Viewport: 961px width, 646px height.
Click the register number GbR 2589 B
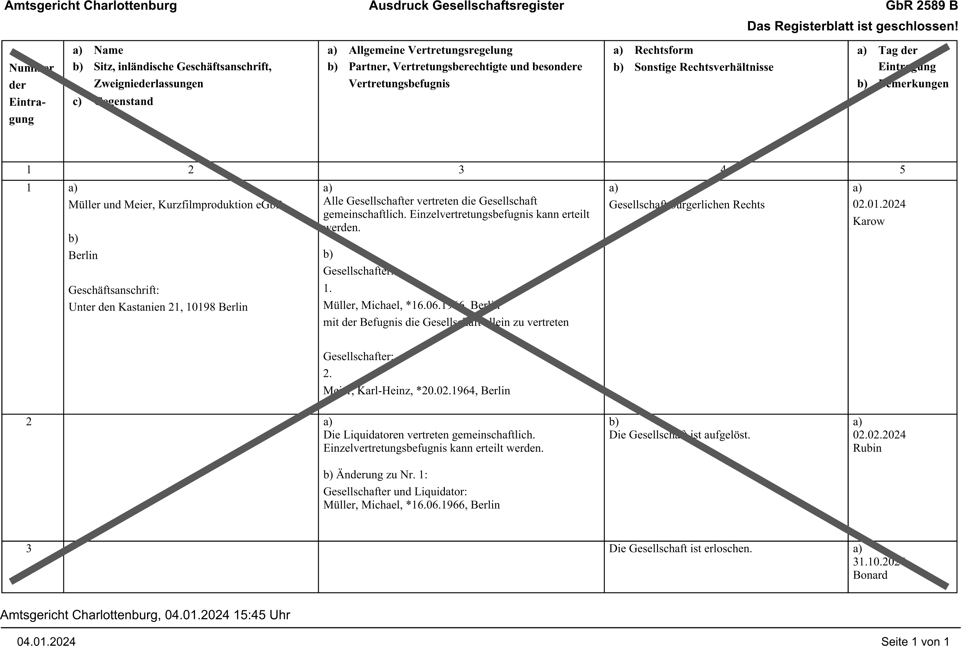click(x=922, y=6)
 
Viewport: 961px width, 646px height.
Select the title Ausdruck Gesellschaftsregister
click(x=466, y=6)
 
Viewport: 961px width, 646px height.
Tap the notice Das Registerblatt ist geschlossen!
click(x=852, y=27)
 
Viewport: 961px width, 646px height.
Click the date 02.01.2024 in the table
click(x=879, y=204)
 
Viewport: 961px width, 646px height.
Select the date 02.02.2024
click(x=879, y=435)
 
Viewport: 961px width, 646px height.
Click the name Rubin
click(x=867, y=448)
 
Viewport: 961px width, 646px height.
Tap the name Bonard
click(x=870, y=575)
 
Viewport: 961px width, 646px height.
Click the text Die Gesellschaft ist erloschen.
click(x=680, y=549)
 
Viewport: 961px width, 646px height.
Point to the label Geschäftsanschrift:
click(x=114, y=290)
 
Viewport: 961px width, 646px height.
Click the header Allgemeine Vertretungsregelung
click(x=430, y=50)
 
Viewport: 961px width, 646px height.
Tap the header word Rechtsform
click(x=664, y=50)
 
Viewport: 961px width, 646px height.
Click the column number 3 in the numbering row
click(x=461, y=170)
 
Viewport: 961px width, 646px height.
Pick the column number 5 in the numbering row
click(x=902, y=170)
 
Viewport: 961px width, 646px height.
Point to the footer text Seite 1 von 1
click(x=915, y=641)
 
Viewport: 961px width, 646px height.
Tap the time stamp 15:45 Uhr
click(x=262, y=615)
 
